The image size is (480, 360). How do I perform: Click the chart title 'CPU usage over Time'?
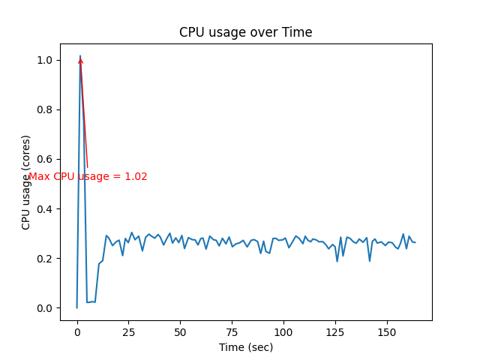coord(245,33)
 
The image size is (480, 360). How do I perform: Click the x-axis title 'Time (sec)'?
coord(246,347)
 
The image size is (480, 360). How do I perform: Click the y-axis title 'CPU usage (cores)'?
coord(26,182)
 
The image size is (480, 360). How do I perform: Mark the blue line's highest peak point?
coord(80,55)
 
